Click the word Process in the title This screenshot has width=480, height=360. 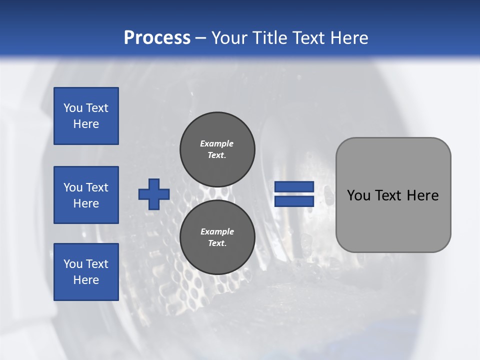(x=157, y=37)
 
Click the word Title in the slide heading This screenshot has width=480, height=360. (x=269, y=37)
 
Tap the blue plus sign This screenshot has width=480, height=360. (x=154, y=194)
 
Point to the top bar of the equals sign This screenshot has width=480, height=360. (x=294, y=186)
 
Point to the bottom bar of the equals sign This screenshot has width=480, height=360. (x=294, y=201)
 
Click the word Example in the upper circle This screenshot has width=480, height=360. (x=216, y=143)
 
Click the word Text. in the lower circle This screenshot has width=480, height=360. (x=217, y=243)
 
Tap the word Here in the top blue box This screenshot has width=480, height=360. (x=86, y=124)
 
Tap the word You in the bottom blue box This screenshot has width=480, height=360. (x=73, y=264)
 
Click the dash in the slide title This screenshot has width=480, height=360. (x=201, y=38)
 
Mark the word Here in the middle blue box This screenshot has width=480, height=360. (x=86, y=203)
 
